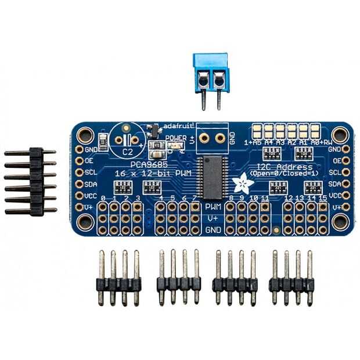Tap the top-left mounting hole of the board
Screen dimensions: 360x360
[x=85, y=135]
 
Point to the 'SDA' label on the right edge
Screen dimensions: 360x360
[x=334, y=183]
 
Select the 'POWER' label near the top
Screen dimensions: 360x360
[x=175, y=138]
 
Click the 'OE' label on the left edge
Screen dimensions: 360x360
[x=89, y=161]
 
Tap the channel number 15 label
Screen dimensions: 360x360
[x=322, y=200]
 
